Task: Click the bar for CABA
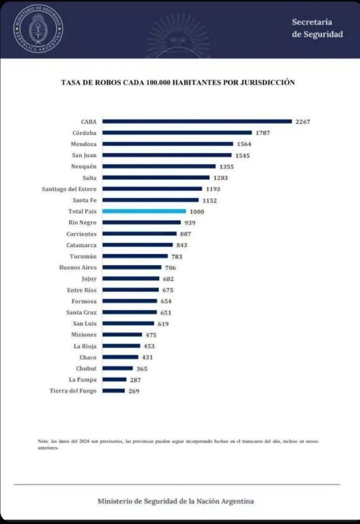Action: tap(197, 121)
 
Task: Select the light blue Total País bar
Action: tap(144, 211)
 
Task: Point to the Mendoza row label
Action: tap(83, 144)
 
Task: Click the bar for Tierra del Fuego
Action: tap(114, 390)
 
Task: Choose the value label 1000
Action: tap(198, 211)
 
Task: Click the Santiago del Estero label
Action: tap(69, 189)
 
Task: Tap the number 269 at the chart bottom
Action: tap(134, 391)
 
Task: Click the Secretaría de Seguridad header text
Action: tap(317, 28)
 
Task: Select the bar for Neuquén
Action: tap(159, 166)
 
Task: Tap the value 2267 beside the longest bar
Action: tap(303, 122)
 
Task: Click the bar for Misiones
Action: tap(122, 335)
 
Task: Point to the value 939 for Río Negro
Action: tap(190, 223)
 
